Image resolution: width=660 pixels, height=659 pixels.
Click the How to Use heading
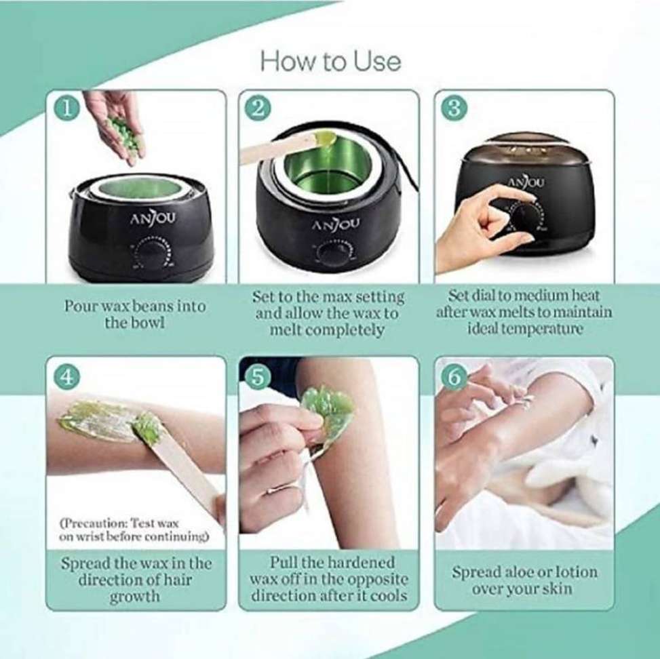pyautogui.click(x=330, y=62)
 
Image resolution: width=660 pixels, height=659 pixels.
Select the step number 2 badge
pyautogui.click(x=258, y=108)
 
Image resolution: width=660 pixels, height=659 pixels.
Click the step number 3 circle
pyautogui.click(x=453, y=108)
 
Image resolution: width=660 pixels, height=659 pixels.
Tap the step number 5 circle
pyautogui.click(x=258, y=377)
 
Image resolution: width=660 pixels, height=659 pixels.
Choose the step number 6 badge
pyautogui.click(x=453, y=377)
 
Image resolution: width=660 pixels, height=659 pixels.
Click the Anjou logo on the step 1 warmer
pyautogui.click(x=153, y=219)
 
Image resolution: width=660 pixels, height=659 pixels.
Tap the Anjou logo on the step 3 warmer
pyautogui.click(x=526, y=182)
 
